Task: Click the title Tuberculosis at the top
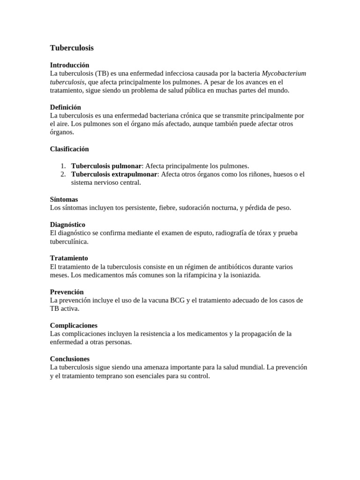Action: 72,48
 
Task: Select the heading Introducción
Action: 69,65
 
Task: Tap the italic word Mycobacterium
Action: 284,74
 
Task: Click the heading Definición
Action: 66,107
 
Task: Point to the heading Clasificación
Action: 69,149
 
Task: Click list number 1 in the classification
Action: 63,166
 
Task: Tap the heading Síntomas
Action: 64,199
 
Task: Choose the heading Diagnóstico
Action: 67,225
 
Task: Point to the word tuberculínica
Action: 69,241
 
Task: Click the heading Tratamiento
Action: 69,258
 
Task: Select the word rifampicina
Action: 196,275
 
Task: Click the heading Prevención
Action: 67,292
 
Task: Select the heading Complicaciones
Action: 74,325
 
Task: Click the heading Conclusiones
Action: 70,359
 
